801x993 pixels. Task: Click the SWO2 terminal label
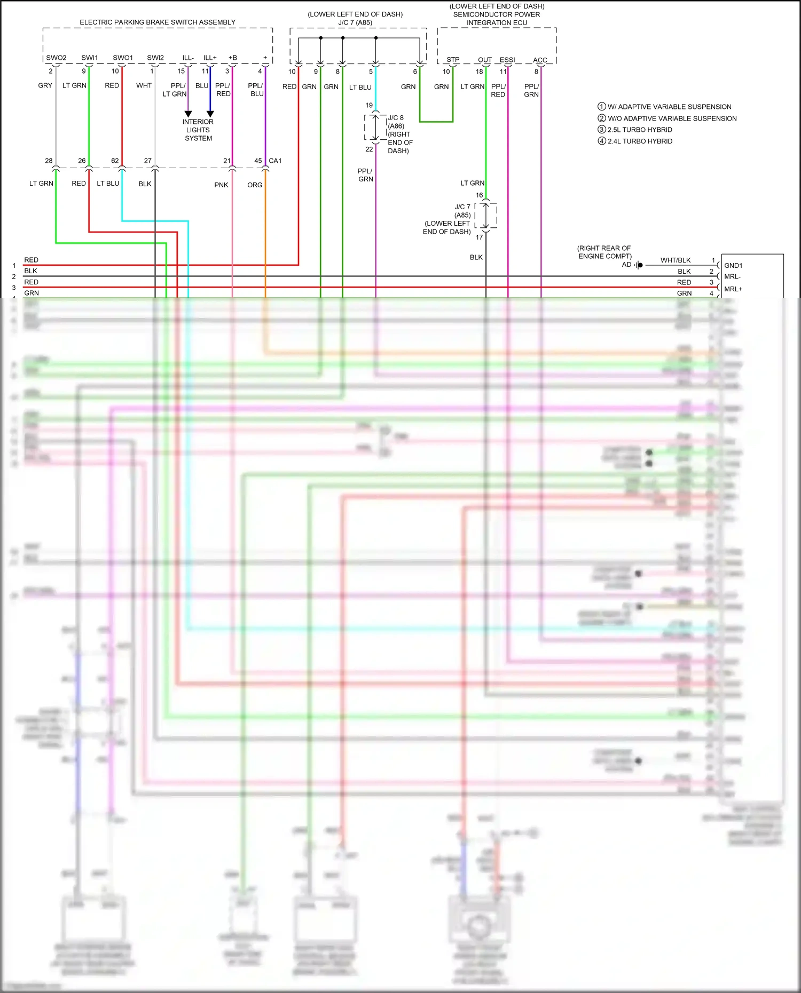click(x=56, y=58)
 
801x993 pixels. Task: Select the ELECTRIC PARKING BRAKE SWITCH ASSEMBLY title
click(x=158, y=22)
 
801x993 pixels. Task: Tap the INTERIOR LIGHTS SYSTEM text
click(x=198, y=130)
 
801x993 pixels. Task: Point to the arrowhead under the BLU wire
click(x=210, y=114)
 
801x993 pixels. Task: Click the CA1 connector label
click(x=275, y=161)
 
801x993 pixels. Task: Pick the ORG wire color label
click(x=255, y=185)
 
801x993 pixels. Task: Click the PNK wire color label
click(x=221, y=185)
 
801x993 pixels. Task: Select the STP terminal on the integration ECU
click(x=453, y=60)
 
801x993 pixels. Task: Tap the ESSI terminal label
click(x=507, y=60)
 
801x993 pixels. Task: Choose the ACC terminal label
click(x=540, y=60)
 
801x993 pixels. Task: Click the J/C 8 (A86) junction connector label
click(x=396, y=122)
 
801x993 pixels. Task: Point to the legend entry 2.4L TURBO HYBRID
click(x=640, y=141)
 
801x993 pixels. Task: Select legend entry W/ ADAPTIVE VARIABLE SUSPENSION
click(x=669, y=107)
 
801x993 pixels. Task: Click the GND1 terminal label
click(x=733, y=265)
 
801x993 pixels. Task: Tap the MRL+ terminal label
click(x=733, y=289)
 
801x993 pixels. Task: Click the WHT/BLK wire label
click(x=676, y=260)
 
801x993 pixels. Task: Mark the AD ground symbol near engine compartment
click(x=639, y=265)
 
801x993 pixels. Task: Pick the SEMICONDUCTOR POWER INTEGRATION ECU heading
click(x=497, y=14)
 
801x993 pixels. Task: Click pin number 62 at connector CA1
click(x=115, y=161)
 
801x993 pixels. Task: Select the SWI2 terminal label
click(x=155, y=58)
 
